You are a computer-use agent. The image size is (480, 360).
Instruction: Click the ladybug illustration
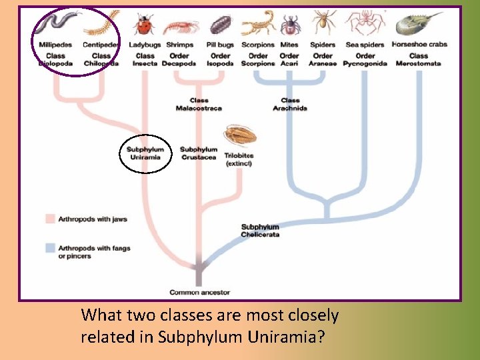click(x=143, y=25)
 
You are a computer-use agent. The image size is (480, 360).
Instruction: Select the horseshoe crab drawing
click(x=417, y=24)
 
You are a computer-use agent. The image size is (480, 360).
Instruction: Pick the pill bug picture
click(x=221, y=25)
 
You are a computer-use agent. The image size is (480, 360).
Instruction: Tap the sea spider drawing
click(x=365, y=23)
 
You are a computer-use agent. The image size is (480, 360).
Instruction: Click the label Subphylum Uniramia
click(x=145, y=153)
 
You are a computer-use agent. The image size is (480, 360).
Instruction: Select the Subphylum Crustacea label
click(x=199, y=153)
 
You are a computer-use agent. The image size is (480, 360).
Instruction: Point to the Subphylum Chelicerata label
click(x=260, y=231)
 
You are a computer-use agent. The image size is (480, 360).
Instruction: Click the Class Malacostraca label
click(x=199, y=104)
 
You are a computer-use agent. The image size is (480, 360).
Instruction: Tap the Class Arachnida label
click(x=290, y=104)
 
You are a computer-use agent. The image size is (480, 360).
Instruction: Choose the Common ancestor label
click(x=199, y=292)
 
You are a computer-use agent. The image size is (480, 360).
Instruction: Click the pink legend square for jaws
click(x=49, y=219)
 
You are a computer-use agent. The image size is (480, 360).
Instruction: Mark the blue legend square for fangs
click(x=49, y=248)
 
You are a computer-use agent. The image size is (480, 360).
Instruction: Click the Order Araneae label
click(x=323, y=59)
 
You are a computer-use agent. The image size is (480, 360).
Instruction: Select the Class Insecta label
click(x=145, y=59)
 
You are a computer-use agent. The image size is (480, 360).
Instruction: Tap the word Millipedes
click(x=55, y=45)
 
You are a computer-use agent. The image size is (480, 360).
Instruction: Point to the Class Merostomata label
click(x=418, y=59)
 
